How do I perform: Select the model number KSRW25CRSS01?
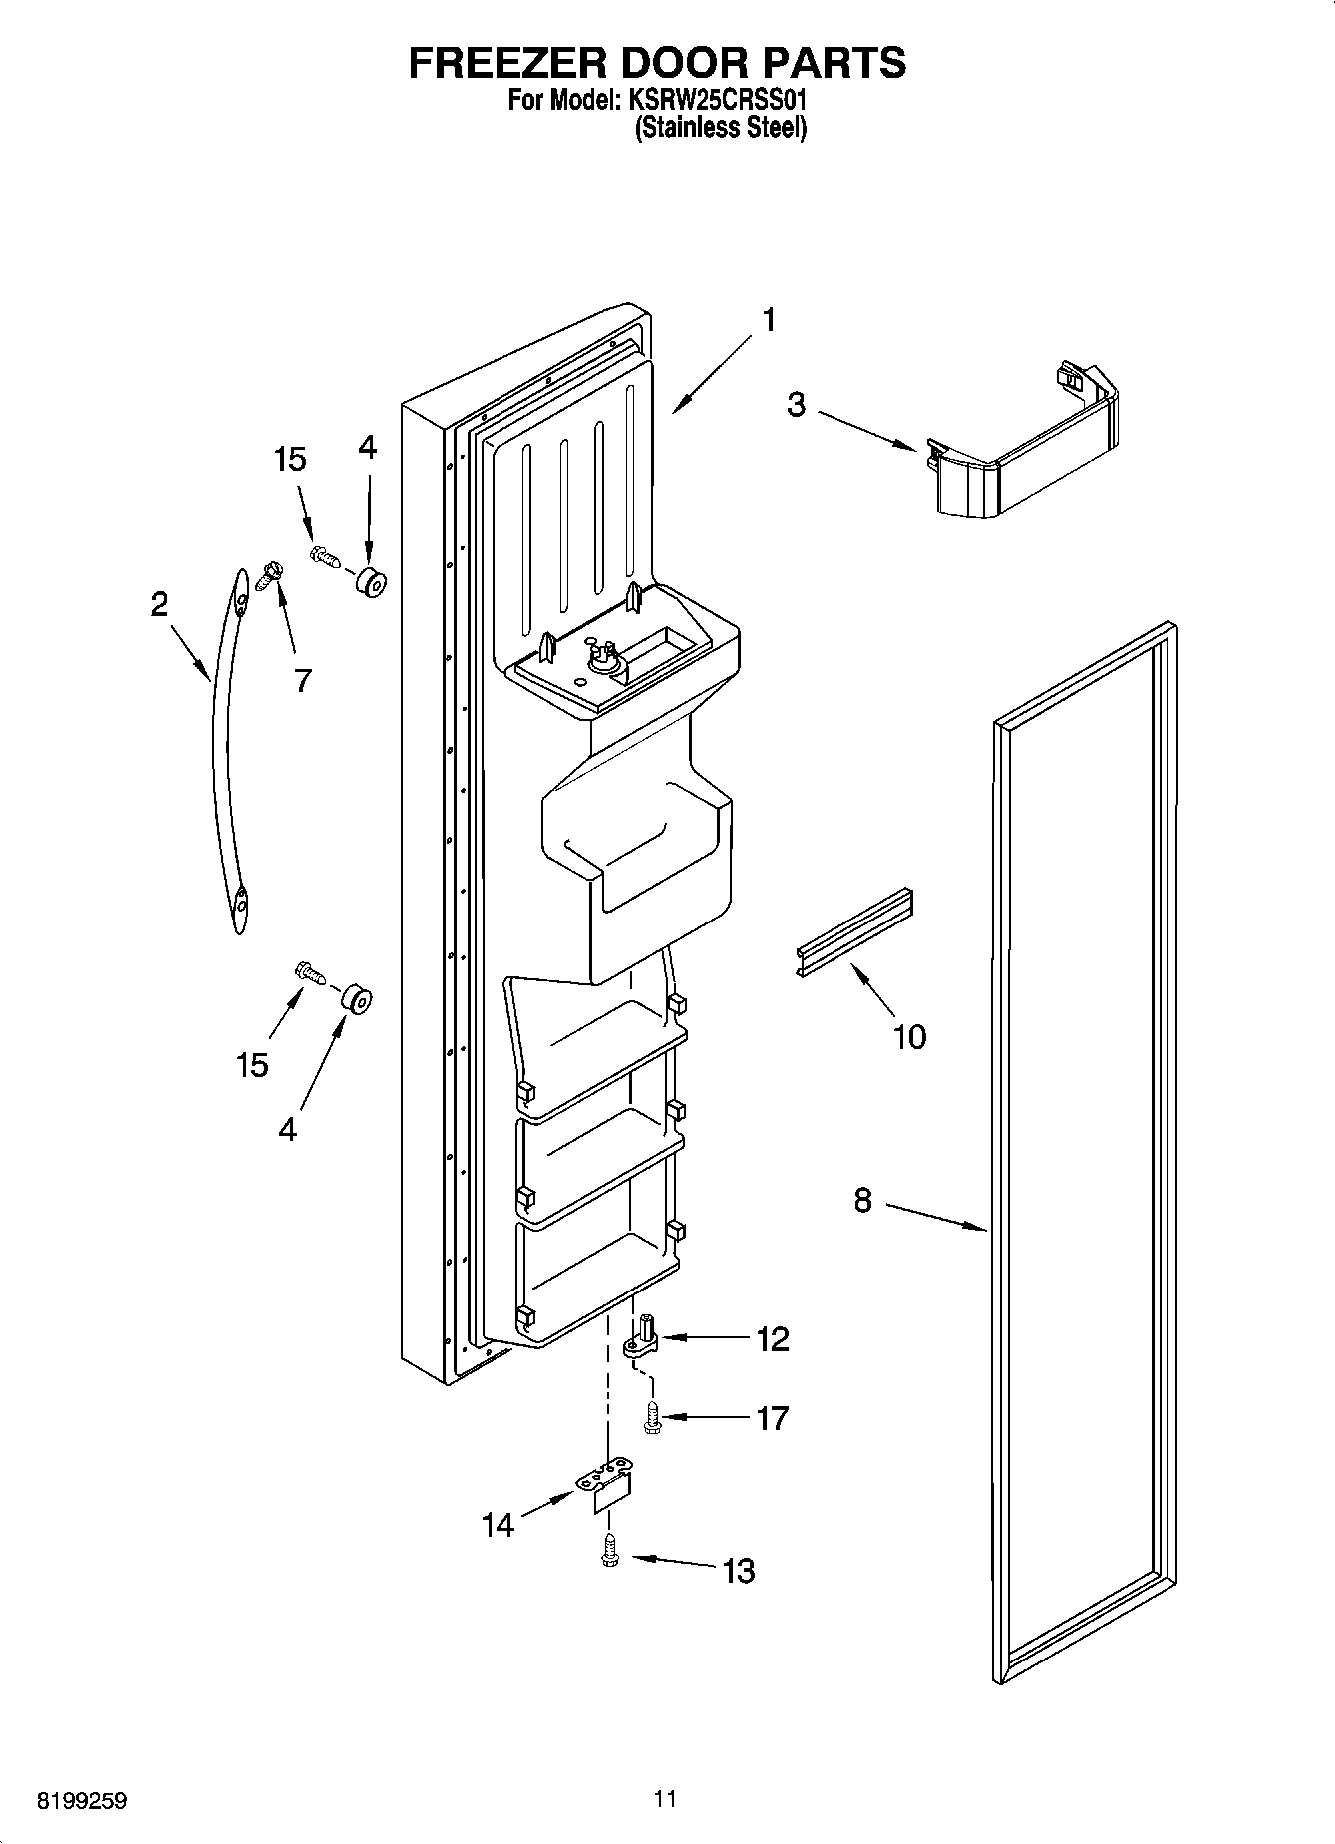(716, 101)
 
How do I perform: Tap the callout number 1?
(768, 320)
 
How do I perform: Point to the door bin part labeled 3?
(1027, 449)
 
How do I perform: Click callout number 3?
(796, 406)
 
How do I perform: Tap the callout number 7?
(303, 680)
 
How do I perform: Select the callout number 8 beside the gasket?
(862, 1200)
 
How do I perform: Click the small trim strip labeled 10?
(855, 932)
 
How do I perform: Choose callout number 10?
(909, 1036)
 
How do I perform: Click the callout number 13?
(739, 1571)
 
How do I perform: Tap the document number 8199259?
(83, 1801)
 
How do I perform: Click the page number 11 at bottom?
(666, 1799)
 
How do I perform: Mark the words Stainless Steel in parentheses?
(721, 128)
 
